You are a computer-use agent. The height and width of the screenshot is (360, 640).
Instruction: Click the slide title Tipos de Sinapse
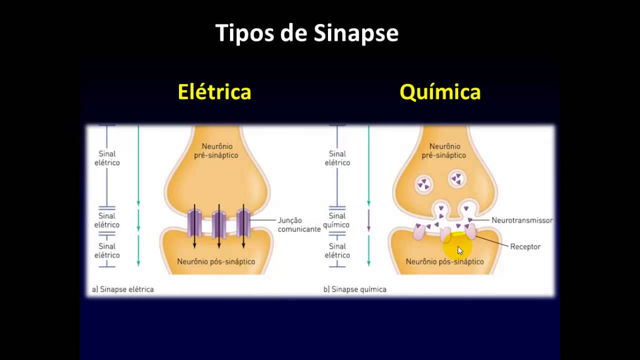[x=306, y=33]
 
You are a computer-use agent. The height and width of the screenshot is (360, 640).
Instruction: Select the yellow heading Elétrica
[x=214, y=92]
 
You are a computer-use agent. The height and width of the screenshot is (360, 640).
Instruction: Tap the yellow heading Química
[x=440, y=92]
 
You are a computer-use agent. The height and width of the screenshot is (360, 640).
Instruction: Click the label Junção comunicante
[x=299, y=224]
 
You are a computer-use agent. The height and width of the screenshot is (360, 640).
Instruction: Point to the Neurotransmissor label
[x=522, y=220]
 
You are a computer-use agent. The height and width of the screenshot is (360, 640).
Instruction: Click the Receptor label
[x=525, y=246]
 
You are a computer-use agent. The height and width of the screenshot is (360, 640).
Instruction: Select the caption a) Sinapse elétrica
[x=122, y=289]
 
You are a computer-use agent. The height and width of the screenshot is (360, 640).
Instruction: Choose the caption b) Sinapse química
[x=355, y=289]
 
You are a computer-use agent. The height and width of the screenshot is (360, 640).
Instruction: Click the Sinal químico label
[x=337, y=220]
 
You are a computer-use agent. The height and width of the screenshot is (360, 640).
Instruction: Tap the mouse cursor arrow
[x=460, y=250]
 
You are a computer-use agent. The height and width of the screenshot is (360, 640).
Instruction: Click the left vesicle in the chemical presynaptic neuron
[x=423, y=184]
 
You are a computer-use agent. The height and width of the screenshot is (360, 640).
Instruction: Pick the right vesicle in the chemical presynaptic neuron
[x=456, y=178]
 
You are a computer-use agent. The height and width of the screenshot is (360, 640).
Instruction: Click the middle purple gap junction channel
[x=219, y=224]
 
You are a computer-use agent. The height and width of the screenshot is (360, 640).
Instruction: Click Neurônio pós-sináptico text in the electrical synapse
[x=216, y=261]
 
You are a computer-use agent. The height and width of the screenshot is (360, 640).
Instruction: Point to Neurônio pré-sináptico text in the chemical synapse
[x=444, y=150]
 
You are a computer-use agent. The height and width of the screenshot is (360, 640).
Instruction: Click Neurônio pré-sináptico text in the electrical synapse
[x=216, y=150]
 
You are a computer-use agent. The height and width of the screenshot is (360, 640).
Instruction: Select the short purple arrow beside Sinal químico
[x=368, y=220]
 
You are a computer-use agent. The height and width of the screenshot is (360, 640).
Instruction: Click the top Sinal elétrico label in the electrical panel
[x=107, y=158]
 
